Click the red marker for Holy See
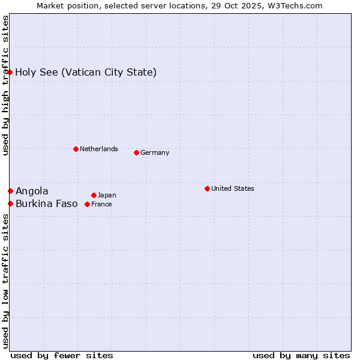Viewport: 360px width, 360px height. click(x=10, y=72)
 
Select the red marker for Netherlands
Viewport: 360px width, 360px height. click(x=76, y=149)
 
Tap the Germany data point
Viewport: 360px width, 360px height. click(x=136, y=152)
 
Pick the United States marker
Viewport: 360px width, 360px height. click(x=207, y=188)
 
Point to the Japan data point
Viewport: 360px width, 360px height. click(x=94, y=195)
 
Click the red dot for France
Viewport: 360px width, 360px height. click(x=88, y=204)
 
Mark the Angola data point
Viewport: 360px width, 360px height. click(x=10, y=191)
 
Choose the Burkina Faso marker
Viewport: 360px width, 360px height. click(x=10, y=203)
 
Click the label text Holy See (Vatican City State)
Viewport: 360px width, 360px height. click(x=86, y=73)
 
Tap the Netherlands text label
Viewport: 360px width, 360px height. click(x=99, y=149)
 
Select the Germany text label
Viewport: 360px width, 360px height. click(x=155, y=152)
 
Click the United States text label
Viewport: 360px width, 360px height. click(x=233, y=188)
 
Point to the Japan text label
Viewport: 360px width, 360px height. click(x=107, y=195)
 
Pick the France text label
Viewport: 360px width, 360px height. click(x=101, y=204)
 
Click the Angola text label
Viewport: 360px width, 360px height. click(x=32, y=191)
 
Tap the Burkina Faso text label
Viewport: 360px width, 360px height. click(x=47, y=203)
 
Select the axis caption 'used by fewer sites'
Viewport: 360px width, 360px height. click(x=62, y=355)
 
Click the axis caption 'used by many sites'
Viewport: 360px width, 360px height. click(x=301, y=355)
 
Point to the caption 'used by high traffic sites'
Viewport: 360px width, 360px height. click(x=5, y=85)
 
